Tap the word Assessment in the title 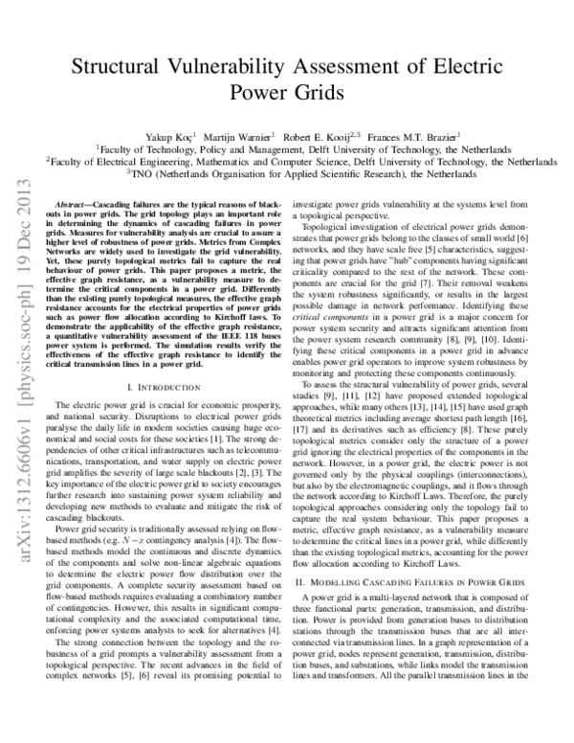tap(360, 67)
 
